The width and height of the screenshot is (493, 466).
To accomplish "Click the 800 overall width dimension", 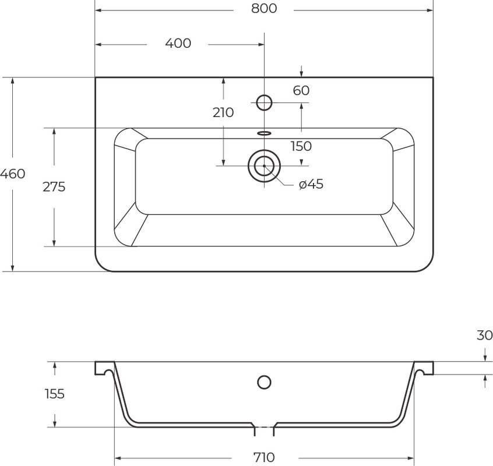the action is click(x=264, y=9).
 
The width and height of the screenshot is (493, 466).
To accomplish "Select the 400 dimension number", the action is click(x=178, y=43).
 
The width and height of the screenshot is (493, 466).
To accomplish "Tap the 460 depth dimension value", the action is click(x=13, y=174).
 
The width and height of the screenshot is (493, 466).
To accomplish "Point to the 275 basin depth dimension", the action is click(x=54, y=186).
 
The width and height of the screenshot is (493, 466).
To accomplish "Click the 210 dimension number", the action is click(x=223, y=112).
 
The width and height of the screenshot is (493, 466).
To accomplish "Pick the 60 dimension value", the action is click(x=301, y=90).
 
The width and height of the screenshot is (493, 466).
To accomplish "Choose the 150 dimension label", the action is click(x=301, y=146).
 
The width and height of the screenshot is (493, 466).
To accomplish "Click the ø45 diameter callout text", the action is click(x=311, y=184).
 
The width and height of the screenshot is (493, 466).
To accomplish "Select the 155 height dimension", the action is click(x=55, y=394).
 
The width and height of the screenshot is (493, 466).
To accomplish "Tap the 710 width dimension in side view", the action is click(x=264, y=457).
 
